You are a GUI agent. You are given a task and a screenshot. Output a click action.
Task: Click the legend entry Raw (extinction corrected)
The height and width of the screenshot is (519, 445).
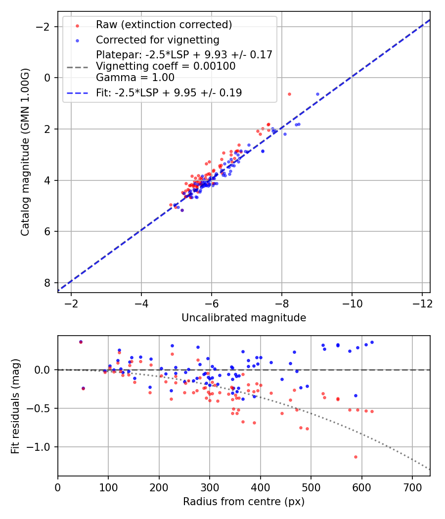(x=164, y=25)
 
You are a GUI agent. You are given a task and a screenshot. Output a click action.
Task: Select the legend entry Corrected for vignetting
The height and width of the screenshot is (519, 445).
(x=157, y=40)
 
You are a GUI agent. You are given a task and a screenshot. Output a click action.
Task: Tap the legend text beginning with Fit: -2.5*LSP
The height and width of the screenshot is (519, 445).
(x=169, y=93)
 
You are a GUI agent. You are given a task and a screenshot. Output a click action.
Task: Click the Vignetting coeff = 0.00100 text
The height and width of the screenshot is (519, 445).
(x=166, y=66)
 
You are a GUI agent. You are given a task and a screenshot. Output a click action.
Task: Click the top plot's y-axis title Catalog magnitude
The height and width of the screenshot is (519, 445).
(x=25, y=152)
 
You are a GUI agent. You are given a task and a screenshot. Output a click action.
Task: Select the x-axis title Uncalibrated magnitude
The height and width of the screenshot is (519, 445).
(x=244, y=318)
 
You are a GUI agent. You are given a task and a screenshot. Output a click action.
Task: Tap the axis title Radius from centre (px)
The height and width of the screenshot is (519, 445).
(x=244, y=502)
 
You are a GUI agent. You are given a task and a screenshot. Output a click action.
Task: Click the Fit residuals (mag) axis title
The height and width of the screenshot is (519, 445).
(x=15, y=406)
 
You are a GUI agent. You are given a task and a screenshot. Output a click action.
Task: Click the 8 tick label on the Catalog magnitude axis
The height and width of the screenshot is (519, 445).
(x=47, y=283)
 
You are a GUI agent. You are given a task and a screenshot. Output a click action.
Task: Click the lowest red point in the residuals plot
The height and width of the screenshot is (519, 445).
(x=356, y=457)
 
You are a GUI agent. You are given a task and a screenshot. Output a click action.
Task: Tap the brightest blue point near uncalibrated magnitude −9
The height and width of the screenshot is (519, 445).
(x=317, y=94)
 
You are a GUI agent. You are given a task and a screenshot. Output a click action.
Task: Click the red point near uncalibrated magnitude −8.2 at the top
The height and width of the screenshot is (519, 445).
(x=289, y=94)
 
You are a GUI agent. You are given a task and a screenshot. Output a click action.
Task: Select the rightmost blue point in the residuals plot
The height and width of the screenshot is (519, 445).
(x=372, y=342)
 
